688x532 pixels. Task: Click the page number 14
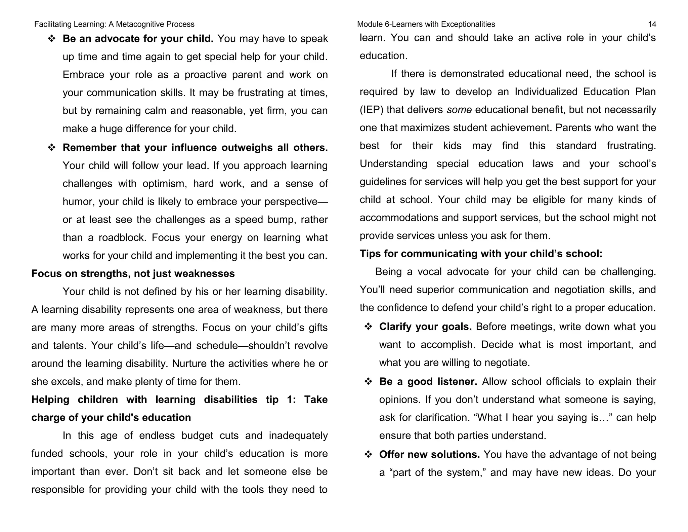(x=652, y=24)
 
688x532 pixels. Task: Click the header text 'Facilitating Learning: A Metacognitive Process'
(x=114, y=24)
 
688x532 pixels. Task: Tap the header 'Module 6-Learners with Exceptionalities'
(x=426, y=24)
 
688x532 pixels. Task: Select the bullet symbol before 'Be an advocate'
(x=51, y=39)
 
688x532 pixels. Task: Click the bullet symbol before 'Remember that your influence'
(x=51, y=148)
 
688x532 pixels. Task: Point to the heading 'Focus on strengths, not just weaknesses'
(x=133, y=273)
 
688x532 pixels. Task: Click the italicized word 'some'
(x=459, y=110)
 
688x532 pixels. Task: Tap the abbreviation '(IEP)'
(x=371, y=110)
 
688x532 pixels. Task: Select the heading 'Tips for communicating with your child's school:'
(x=481, y=254)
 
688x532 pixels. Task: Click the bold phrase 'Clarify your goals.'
(x=425, y=327)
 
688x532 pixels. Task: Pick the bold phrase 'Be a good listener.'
(x=428, y=381)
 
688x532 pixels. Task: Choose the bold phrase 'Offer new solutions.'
(x=429, y=454)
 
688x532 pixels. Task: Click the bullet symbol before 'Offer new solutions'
(x=368, y=455)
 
